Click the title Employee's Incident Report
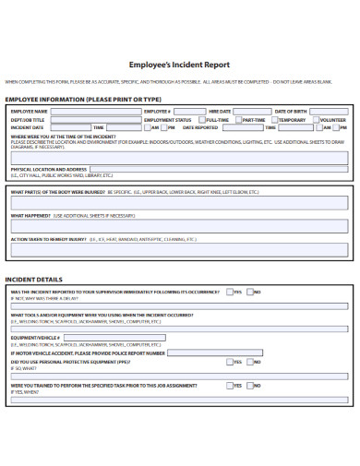179,65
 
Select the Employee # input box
188,112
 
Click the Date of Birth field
329,112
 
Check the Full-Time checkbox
202,120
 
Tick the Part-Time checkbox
237,120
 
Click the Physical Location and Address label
48,170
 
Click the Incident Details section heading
34,279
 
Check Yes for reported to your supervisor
230,292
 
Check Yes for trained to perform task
229,386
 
